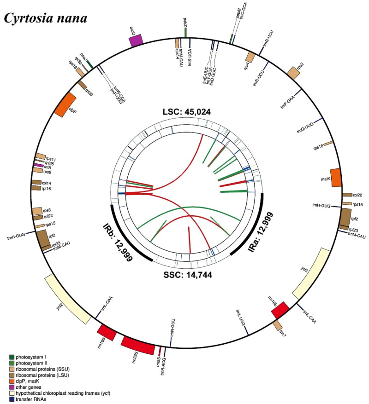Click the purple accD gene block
coord(136,40)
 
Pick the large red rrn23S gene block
coord(137,345)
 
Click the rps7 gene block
coord(278,326)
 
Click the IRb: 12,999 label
coord(117,242)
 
